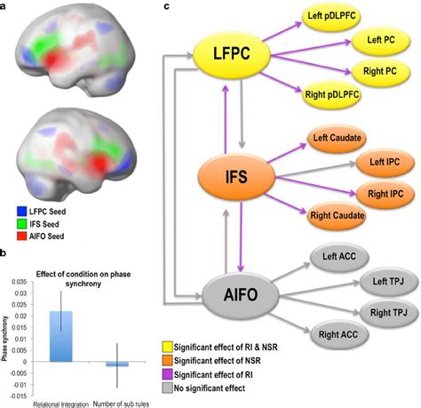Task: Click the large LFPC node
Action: (232, 53)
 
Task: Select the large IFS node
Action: (236, 177)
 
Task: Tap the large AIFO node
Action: (241, 295)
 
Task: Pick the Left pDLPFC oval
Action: (331, 16)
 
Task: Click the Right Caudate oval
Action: (337, 215)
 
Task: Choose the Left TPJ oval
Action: (388, 281)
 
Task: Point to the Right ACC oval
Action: (338, 335)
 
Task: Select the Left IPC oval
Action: (385, 162)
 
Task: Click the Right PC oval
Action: (380, 71)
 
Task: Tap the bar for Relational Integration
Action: (60, 336)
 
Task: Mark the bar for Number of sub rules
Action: (117, 364)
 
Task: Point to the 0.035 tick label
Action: (19, 282)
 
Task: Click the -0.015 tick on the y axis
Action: (19, 396)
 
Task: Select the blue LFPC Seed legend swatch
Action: (22, 212)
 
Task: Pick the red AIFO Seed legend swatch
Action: (22, 236)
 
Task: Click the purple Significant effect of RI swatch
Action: (167, 374)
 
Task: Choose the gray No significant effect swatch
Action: (167, 388)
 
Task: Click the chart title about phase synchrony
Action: (83, 279)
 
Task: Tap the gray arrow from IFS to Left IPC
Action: (315, 171)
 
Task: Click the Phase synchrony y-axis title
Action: (4, 339)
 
